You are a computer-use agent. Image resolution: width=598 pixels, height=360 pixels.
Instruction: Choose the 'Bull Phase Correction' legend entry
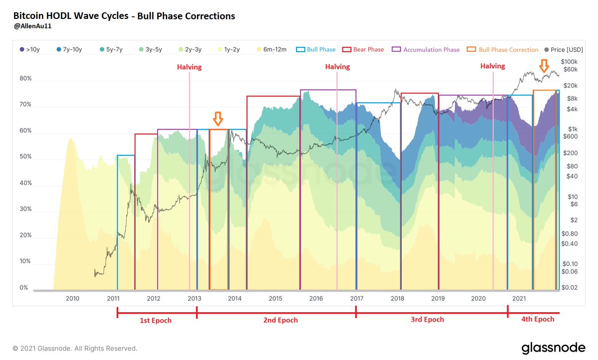[x=503, y=50]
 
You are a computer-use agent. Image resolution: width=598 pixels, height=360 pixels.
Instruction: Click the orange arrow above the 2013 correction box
[x=218, y=119]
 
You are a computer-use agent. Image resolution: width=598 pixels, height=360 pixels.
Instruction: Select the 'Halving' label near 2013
[x=189, y=67]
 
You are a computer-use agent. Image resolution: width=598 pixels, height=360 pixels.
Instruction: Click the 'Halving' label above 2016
[x=337, y=67]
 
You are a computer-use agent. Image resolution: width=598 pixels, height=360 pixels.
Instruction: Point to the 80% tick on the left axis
[x=26, y=79]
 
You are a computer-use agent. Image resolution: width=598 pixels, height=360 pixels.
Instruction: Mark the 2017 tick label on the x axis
[x=356, y=298]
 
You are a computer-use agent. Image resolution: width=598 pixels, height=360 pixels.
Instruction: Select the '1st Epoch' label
[x=155, y=320]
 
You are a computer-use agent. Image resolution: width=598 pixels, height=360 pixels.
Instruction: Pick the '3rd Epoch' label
[x=427, y=319]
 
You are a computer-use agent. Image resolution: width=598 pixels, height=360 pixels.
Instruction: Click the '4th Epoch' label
[x=537, y=319]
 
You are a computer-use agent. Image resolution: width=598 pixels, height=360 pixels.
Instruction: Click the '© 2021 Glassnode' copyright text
[x=75, y=349]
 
